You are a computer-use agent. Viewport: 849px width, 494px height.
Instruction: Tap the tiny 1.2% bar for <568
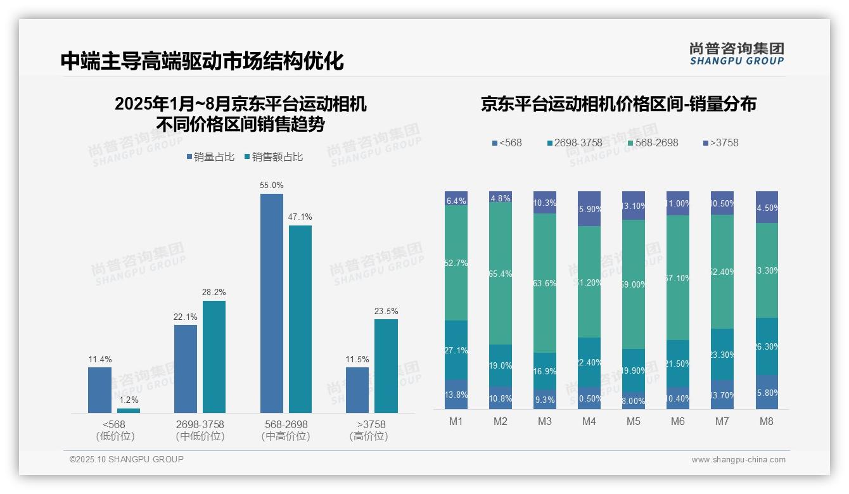tap(129, 410)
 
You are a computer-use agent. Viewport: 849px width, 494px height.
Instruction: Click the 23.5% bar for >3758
tap(386, 365)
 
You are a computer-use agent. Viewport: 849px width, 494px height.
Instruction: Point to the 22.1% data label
tap(186, 317)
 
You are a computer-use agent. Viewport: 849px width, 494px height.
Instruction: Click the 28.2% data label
tap(214, 292)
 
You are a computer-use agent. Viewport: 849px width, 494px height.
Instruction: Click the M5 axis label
tap(634, 422)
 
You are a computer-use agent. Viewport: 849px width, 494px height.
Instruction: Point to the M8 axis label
tap(767, 422)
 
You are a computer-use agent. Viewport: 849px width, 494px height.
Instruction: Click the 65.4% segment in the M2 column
tap(501, 273)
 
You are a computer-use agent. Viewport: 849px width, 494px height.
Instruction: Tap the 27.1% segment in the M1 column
tap(456, 350)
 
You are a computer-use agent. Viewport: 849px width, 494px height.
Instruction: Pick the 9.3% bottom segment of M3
tap(545, 400)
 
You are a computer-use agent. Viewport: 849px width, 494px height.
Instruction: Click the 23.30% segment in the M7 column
tap(722, 355)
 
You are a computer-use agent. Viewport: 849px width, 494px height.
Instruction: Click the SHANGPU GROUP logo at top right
tap(736, 53)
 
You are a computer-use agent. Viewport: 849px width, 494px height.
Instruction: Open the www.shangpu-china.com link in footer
tap(738, 460)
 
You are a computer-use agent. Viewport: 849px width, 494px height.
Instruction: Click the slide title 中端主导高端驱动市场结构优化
tap(202, 61)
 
